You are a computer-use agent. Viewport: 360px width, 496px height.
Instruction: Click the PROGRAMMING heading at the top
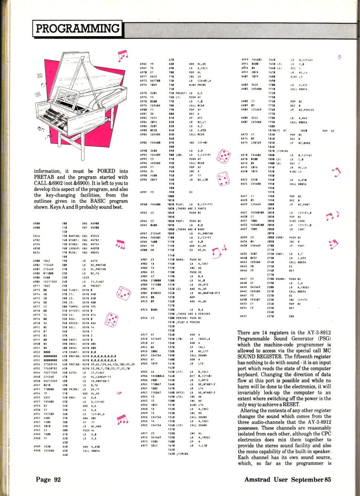[77, 28]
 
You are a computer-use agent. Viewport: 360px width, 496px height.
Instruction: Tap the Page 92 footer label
[48, 479]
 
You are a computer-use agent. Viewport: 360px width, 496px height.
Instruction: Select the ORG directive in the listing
[85, 224]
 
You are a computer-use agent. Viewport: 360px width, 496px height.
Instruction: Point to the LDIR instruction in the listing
[85, 277]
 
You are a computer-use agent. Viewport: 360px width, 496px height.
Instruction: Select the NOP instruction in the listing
[192, 297]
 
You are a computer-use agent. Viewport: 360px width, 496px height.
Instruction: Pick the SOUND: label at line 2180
[280, 279]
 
